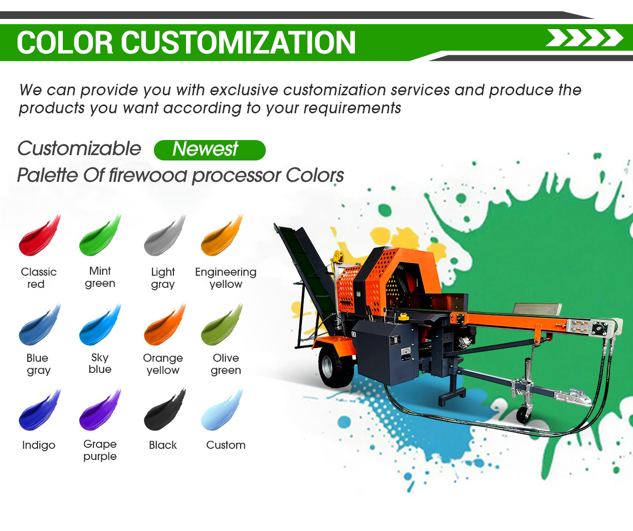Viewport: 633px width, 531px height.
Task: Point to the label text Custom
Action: click(x=226, y=445)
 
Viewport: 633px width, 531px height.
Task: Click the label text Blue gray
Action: click(x=38, y=364)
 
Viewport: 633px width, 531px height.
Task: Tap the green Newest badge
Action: click(x=210, y=150)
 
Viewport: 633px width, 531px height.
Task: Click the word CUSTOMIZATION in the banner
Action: click(x=238, y=43)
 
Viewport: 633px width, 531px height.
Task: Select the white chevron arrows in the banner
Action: click(x=584, y=38)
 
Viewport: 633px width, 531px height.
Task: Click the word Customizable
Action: click(x=79, y=148)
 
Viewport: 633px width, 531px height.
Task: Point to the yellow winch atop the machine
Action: click(x=338, y=258)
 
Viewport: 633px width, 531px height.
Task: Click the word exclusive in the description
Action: click(x=244, y=90)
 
